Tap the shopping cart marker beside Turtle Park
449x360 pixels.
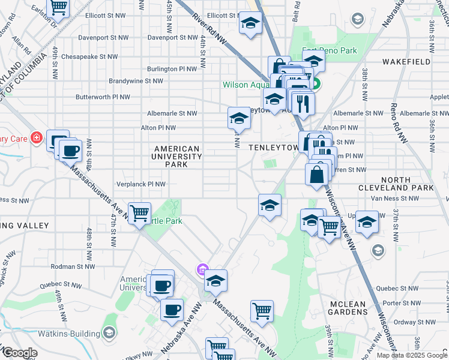point(139,212)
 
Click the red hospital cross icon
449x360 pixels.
point(37,138)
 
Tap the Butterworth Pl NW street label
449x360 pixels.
point(102,97)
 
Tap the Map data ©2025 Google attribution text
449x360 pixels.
point(411,355)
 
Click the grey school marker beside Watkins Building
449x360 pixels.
point(109,332)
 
